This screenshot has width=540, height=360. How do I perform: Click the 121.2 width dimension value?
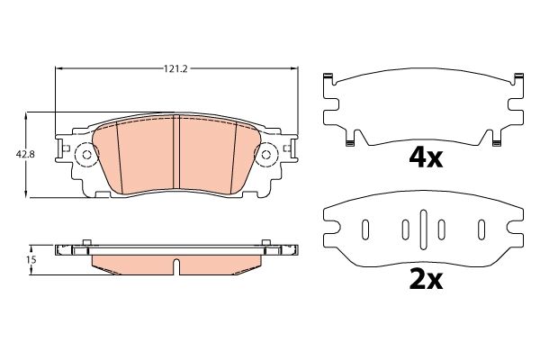[176, 67]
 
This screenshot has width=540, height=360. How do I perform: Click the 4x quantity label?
[426, 158]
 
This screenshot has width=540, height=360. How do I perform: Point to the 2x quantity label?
[426, 280]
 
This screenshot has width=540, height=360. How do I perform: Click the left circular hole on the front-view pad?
[86, 156]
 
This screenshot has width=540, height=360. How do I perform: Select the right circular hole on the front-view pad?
[265, 156]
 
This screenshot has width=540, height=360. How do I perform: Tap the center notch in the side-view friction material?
[176, 266]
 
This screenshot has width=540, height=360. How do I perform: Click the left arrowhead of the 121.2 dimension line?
[59, 67]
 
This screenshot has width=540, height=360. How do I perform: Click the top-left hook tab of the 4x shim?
[330, 77]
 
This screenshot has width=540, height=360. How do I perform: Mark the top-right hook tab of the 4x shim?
[517, 77]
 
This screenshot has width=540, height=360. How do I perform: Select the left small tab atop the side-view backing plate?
[85, 241]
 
